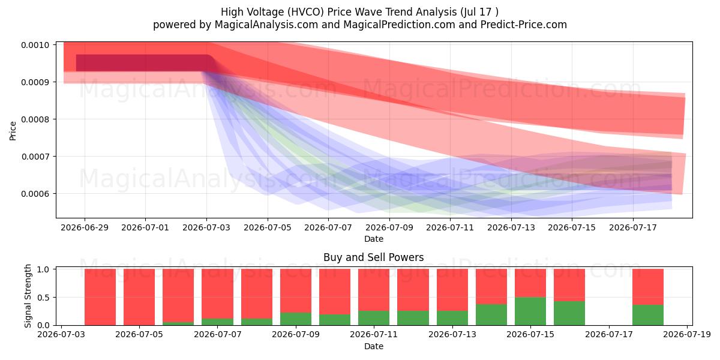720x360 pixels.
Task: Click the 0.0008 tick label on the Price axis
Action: (35, 119)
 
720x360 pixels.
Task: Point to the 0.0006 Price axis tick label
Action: (35, 194)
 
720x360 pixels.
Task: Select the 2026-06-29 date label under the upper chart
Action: (85, 227)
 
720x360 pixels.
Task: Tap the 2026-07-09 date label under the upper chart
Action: (389, 227)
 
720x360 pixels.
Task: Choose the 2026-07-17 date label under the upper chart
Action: (633, 227)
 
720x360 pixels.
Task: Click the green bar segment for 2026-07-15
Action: (530, 311)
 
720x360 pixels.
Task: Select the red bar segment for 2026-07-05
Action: (139, 297)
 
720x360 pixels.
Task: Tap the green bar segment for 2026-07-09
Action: (296, 319)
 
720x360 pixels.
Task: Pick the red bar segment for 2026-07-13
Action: (452, 290)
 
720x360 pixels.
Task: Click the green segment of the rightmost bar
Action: (648, 315)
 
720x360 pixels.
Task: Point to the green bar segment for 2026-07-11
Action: (374, 318)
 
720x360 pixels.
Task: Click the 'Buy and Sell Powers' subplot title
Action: (373, 257)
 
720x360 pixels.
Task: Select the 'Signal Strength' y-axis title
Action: (28, 296)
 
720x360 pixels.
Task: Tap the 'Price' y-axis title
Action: (13, 131)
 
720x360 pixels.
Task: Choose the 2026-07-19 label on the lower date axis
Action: (687, 335)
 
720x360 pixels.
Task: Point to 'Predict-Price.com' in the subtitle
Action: (524, 25)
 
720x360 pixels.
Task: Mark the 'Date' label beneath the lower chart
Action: (373, 347)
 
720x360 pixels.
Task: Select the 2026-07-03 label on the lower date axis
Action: (61, 335)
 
